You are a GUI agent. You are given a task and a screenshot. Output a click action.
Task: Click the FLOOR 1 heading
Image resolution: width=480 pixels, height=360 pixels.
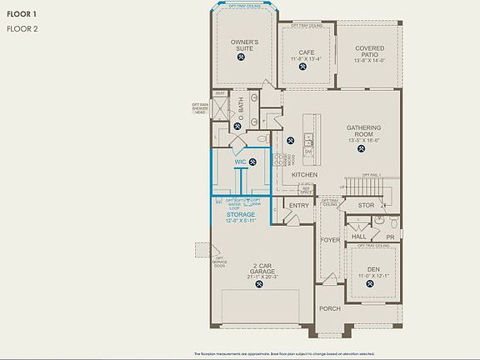click(x=22, y=14)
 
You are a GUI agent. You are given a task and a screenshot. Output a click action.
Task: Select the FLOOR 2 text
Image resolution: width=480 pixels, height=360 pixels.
click(x=22, y=28)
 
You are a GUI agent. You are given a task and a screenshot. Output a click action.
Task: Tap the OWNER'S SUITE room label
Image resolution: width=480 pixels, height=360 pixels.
click(x=244, y=46)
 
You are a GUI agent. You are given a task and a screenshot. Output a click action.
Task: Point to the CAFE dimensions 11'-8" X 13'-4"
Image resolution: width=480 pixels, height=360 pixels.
click(x=305, y=59)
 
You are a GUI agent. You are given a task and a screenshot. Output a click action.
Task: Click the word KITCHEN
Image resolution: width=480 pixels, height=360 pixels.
click(x=304, y=174)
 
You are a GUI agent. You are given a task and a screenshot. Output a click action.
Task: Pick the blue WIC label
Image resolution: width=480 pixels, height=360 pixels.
click(x=240, y=162)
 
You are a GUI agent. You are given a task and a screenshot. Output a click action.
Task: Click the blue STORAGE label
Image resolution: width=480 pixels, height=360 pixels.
click(x=241, y=215)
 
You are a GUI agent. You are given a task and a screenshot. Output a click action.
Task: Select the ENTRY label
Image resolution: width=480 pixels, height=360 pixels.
click(x=298, y=205)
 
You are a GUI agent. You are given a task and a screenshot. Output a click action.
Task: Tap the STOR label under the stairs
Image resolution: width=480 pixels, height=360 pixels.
click(x=367, y=204)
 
